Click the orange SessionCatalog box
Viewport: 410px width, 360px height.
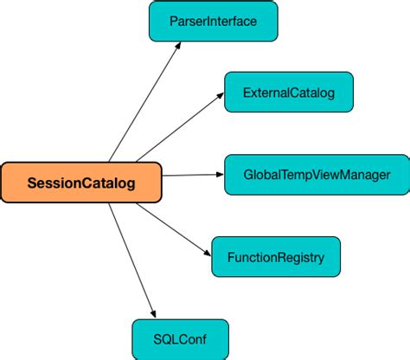tap(81, 183)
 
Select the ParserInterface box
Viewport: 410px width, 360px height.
tap(213, 21)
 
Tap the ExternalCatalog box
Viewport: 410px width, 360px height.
tap(290, 91)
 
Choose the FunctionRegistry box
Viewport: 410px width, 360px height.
tap(276, 258)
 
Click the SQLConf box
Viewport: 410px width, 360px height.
tap(181, 338)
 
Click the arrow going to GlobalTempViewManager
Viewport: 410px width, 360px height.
tap(192, 175)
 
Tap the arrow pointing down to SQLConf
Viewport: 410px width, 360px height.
tap(132, 260)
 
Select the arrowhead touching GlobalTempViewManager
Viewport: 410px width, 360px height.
tap(219, 175)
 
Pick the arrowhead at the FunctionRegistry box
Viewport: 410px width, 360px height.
tap(208, 252)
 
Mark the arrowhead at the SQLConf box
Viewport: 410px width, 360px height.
tap(154, 312)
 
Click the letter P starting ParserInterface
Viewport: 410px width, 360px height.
tap(172, 21)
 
